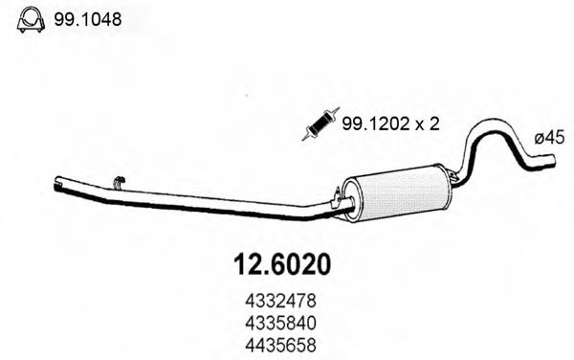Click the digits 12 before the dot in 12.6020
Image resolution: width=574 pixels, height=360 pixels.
pyautogui.click(x=244, y=259)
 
